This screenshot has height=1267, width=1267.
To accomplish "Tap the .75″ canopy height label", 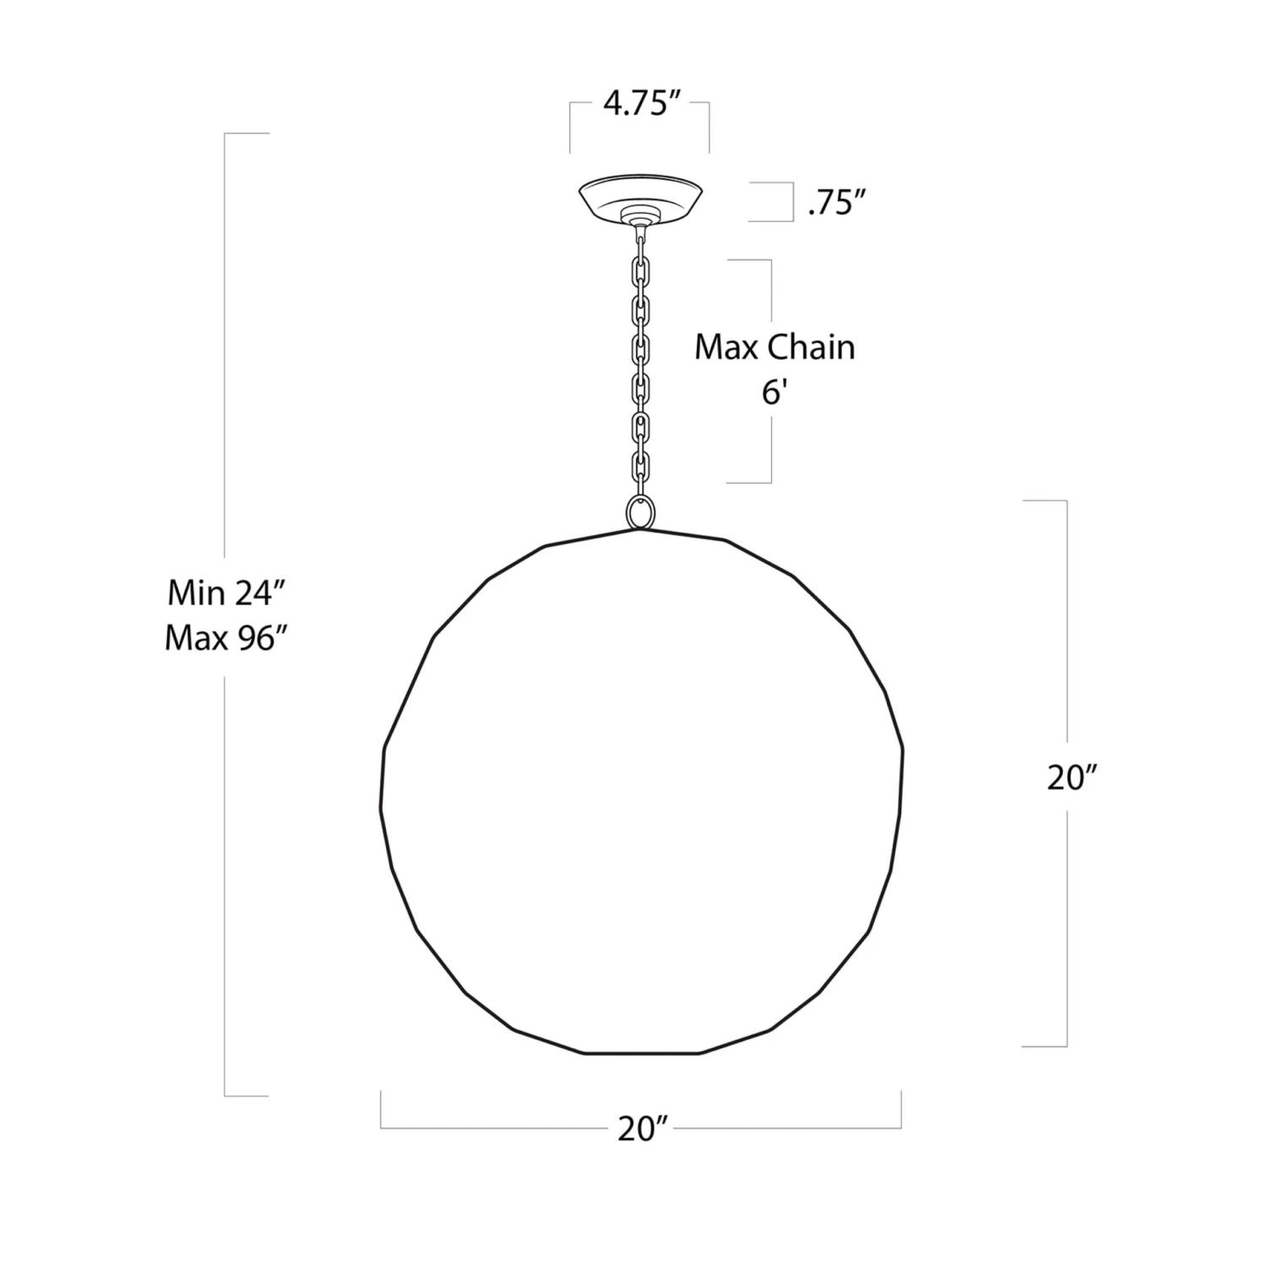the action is pyautogui.click(x=837, y=203).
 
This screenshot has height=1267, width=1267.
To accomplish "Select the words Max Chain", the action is pyautogui.click(x=775, y=347).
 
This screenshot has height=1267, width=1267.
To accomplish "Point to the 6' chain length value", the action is pyautogui.click(x=775, y=393).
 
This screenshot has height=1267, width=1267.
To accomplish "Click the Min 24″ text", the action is pyautogui.click(x=220, y=593).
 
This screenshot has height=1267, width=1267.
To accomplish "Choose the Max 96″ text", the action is pyautogui.click(x=220, y=639).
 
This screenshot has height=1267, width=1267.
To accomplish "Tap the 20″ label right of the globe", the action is pyautogui.click(x=1072, y=778).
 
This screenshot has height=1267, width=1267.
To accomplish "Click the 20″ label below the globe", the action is pyautogui.click(x=642, y=1128).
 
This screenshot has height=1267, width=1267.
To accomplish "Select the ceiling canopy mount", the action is pyautogui.click(x=643, y=196).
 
